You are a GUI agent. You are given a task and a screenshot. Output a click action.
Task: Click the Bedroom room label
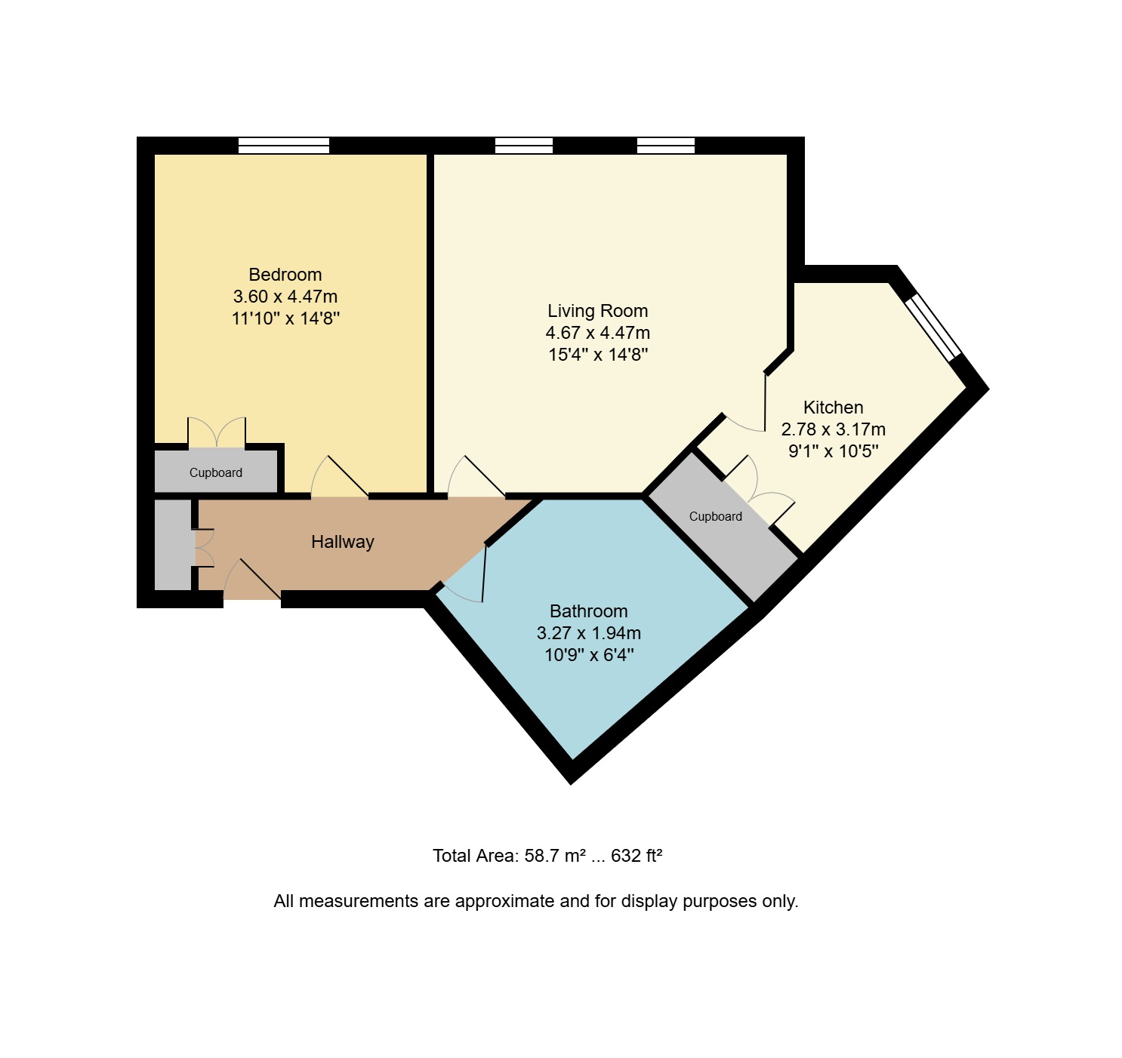pos(285,275)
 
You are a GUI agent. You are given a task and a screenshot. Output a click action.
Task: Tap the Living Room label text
pos(598,311)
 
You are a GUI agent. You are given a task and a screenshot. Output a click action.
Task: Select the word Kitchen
pos(834,408)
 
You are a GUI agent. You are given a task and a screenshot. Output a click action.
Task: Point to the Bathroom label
pos(589,612)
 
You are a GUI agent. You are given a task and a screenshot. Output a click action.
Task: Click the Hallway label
pos(343,543)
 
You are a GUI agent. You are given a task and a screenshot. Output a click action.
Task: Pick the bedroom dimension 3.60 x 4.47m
pos(285,297)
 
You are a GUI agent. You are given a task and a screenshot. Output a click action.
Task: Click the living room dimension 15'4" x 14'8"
pos(598,355)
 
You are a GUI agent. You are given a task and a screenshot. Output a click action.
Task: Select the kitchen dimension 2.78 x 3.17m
pos(834,430)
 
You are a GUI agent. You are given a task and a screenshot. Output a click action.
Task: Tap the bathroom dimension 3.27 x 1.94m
pos(589,633)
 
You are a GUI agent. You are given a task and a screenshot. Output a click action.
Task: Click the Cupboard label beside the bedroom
pos(216,473)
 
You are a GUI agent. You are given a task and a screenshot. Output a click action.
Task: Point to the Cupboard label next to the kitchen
pos(716,517)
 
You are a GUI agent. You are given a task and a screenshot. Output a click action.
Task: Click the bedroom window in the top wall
pos(284,146)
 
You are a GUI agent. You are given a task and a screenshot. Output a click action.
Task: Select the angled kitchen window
pos(932,328)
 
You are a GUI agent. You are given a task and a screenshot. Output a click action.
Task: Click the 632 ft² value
pos(637,856)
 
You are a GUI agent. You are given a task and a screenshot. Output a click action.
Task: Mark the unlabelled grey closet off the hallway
pos(173,545)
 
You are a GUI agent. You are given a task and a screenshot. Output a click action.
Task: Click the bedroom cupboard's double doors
pos(217,432)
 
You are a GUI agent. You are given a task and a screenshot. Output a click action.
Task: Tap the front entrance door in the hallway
pos(252,580)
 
